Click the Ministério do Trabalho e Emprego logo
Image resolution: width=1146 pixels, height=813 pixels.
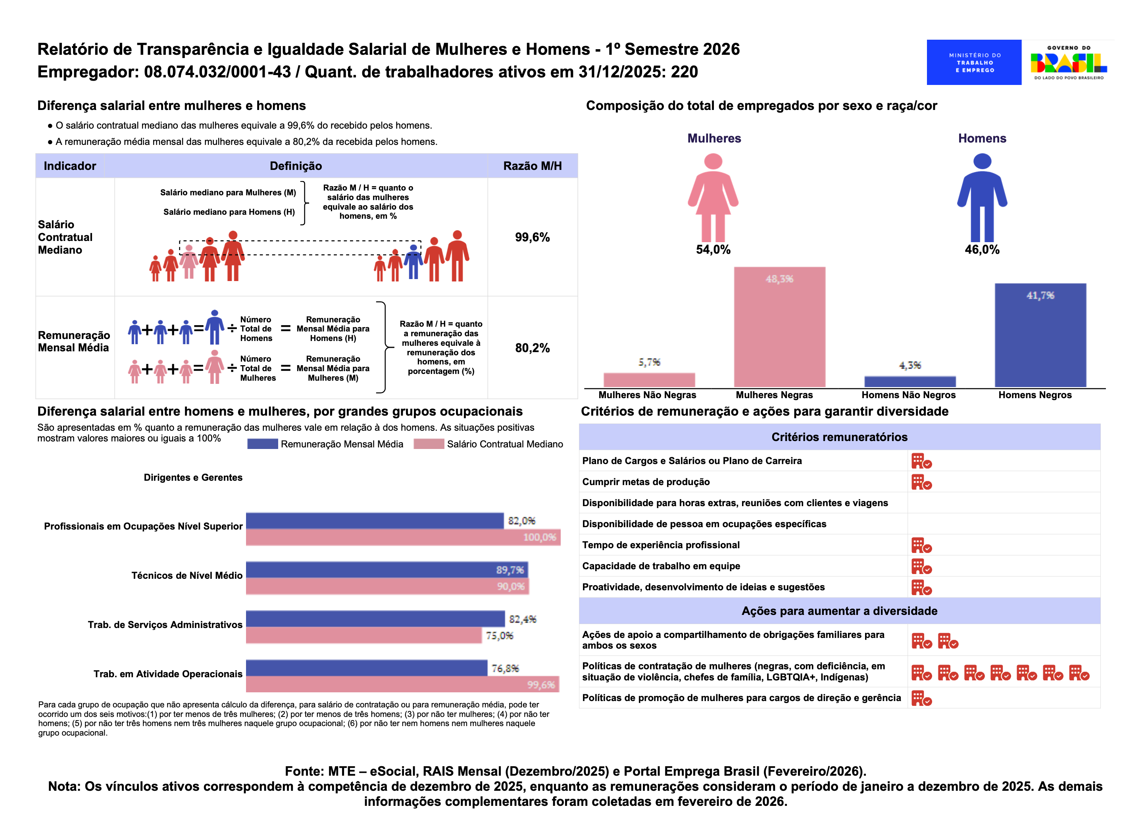[x=973, y=63]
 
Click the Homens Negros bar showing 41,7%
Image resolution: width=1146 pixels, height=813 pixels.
[x=1040, y=335]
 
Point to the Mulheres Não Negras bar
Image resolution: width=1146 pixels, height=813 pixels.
[x=649, y=380]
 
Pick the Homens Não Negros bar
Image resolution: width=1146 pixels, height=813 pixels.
[x=910, y=381]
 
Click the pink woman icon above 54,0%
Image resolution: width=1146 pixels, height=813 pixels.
[x=713, y=197]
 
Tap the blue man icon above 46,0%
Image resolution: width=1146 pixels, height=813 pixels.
[x=982, y=197]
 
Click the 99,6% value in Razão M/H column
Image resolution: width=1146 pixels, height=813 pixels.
[x=532, y=237]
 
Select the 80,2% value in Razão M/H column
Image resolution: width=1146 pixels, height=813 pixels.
[x=532, y=348]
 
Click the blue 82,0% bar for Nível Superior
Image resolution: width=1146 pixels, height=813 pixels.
[x=374, y=521]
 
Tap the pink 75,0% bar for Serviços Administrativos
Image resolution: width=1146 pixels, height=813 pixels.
[x=364, y=635]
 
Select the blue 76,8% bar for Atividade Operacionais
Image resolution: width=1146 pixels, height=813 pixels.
[x=366, y=668]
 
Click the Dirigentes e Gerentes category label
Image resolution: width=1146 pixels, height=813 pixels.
[x=193, y=478]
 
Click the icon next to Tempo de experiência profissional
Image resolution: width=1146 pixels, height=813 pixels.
[x=921, y=545]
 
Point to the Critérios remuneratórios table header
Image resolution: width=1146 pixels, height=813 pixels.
[x=839, y=437]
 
